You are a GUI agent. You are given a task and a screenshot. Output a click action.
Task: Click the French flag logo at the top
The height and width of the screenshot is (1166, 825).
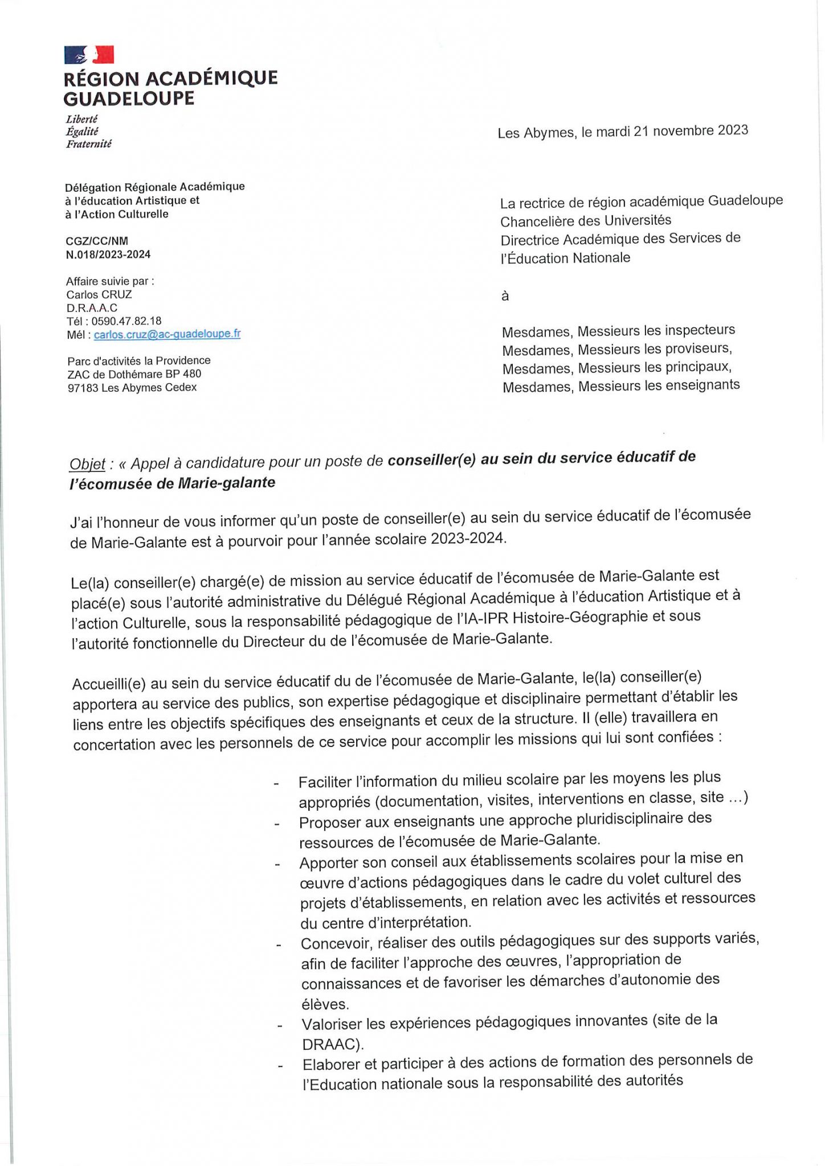tap(89, 55)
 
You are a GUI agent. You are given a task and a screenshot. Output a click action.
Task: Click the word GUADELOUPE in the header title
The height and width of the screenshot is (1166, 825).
tap(129, 98)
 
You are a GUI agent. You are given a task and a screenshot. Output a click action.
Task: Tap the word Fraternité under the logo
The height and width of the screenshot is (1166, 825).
tap(89, 144)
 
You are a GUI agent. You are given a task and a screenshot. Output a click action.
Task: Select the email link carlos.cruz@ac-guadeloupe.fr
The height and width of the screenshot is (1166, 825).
tap(167, 334)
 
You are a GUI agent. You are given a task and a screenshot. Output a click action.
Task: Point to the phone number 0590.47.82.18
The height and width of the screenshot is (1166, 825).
tap(126, 321)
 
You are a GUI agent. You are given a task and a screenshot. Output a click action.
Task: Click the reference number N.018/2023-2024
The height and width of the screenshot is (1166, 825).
tap(108, 254)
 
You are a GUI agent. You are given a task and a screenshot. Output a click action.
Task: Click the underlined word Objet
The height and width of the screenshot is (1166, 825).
tap(87, 464)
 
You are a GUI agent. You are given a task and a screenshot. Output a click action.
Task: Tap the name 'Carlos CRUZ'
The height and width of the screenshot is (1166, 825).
tap(100, 294)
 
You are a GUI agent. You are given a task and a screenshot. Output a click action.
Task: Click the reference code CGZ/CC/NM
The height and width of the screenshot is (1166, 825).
tap(97, 241)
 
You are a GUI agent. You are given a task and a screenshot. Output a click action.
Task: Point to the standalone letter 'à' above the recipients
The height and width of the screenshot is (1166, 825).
tap(505, 296)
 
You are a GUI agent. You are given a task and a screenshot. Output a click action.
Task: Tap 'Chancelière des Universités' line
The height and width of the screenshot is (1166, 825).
tap(586, 220)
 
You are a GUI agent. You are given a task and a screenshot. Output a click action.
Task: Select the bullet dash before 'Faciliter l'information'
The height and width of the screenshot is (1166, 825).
tap(276, 784)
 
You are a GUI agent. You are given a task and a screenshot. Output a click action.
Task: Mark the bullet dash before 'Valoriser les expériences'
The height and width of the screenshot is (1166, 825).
tap(280, 1026)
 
